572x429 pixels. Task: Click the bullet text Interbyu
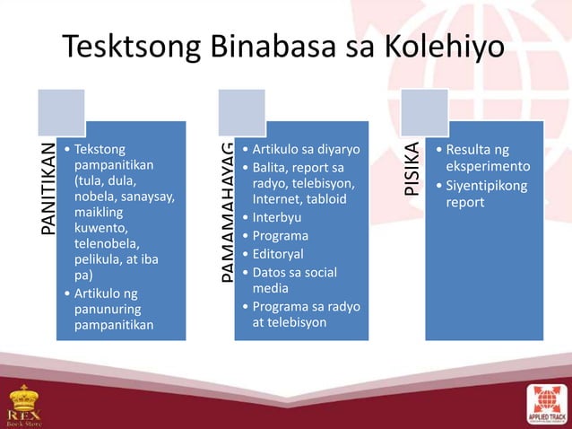(278, 217)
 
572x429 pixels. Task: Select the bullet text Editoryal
(280, 254)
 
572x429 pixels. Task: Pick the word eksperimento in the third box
(489, 167)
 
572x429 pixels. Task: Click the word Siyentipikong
(488, 186)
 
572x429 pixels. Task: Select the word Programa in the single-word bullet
(282, 236)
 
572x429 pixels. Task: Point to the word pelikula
(100, 260)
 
